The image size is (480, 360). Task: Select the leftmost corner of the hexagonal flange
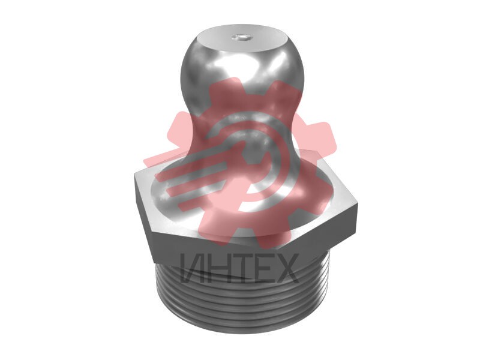(x=134, y=174)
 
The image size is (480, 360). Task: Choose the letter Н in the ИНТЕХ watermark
(x=218, y=268)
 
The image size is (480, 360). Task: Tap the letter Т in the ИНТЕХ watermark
(x=242, y=268)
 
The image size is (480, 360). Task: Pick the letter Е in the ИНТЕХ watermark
(x=263, y=268)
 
